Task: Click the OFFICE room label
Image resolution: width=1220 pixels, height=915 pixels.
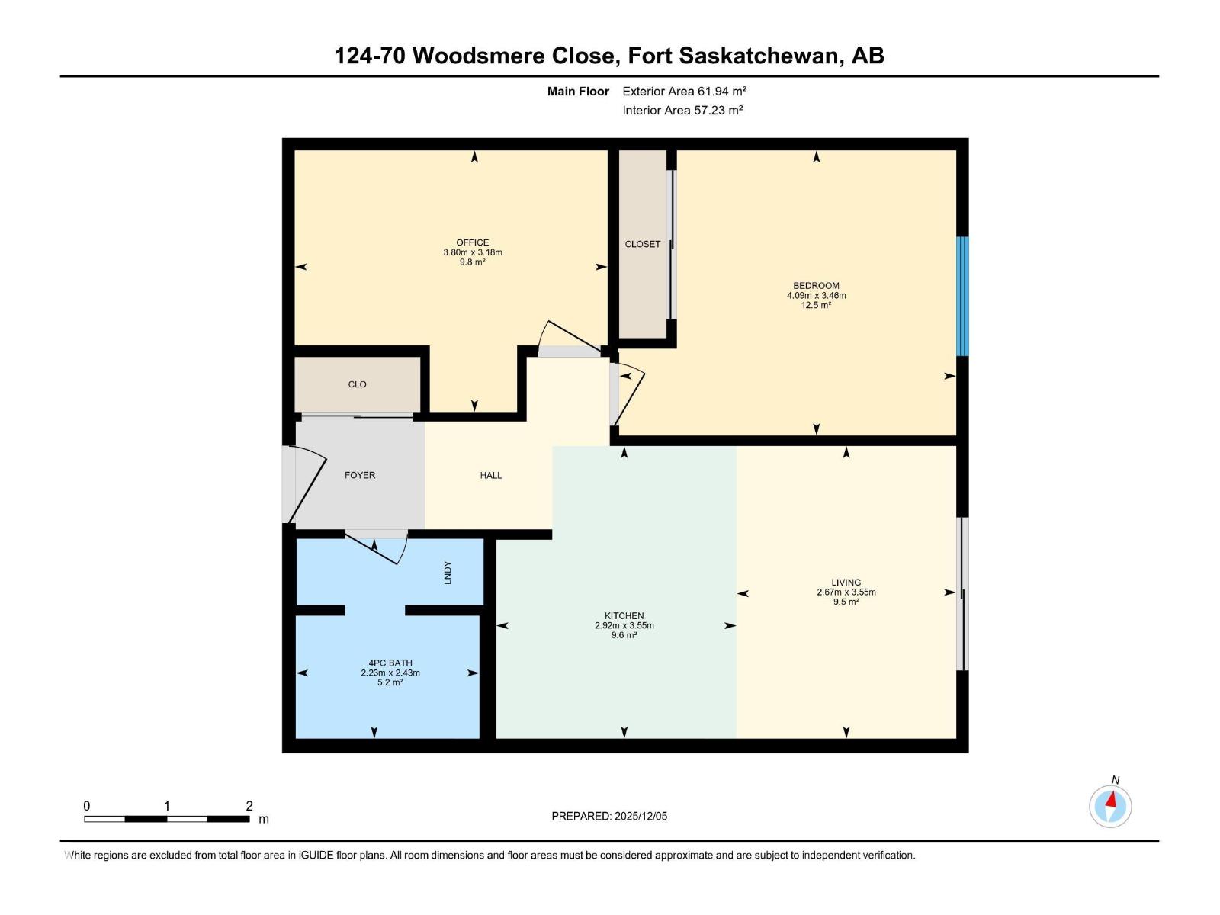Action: [x=472, y=242]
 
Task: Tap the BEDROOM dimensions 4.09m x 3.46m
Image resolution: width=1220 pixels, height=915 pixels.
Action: [x=816, y=296]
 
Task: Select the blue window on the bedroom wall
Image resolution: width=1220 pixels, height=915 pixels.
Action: [x=962, y=296]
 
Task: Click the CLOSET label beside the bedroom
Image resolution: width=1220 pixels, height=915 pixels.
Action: [x=642, y=244]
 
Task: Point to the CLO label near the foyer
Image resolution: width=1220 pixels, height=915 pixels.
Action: [x=357, y=384]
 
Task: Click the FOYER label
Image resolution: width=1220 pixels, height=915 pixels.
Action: [x=360, y=475]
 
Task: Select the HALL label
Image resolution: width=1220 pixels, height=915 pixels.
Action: [x=491, y=475]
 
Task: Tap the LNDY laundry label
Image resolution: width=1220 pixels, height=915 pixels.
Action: [x=448, y=573]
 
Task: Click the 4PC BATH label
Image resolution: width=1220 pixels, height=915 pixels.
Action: [x=390, y=663]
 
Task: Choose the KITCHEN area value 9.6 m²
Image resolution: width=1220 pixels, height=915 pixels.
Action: [x=624, y=635]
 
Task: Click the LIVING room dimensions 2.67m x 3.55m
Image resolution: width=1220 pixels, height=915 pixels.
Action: [x=846, y=592]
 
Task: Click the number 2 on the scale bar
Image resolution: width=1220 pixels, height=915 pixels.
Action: [x=249, y=806]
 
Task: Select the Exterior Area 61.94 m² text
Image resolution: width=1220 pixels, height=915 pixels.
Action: [x=684, y=91]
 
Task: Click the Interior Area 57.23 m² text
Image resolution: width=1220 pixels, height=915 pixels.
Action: [x=682, y=110]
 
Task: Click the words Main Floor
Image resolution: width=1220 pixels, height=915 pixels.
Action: [x=578, y=91]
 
